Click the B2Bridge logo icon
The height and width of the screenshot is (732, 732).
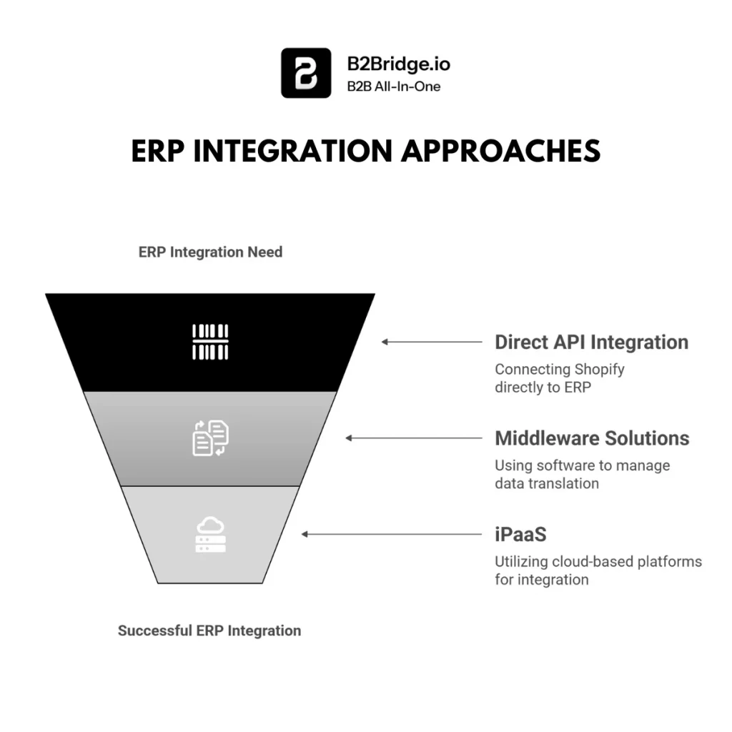click(x=306, y=72)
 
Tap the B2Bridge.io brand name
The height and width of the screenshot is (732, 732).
click(x=398, y=63)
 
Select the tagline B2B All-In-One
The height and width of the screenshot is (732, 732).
click(x=394, y=86)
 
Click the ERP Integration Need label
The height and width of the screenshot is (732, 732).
click(x=210, y=252)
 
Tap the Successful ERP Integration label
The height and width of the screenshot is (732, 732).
click(x=209, y=630)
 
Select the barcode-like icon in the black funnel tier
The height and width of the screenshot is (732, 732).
click(x=210, y=342)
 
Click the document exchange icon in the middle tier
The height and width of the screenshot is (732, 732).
click(x=210, y=438)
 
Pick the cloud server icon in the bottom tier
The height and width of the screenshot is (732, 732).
click(x=210, y=535)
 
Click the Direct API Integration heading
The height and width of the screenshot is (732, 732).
click(x=591, y=342)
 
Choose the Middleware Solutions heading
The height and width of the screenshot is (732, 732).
click(x=592, y=437)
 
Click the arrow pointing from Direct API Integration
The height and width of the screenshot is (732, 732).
click(x=432, y=342)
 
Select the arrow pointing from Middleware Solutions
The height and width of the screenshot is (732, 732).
click(x=414, y=437)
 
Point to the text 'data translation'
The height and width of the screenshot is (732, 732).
click(x=546, y=483)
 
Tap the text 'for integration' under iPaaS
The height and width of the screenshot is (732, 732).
click(x=541, y=579)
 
